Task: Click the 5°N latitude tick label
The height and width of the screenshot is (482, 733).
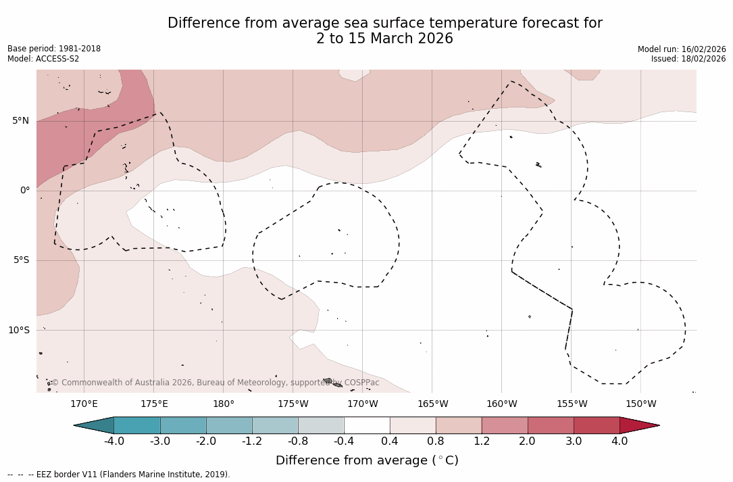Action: [x=20, y=121]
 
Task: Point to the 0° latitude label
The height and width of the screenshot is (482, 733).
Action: [x=25, y=191]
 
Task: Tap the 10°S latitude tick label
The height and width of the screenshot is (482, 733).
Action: [x=18, y=331]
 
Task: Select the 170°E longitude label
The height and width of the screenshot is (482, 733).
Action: [x=84, y=404]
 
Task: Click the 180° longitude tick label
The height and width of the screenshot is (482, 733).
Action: [x=224, y=404]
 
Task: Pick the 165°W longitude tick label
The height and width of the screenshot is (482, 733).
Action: [x=432, y=404]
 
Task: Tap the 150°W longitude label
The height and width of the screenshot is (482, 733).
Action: [x=641, y=404]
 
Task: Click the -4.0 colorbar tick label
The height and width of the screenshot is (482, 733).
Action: [x=113, y=441]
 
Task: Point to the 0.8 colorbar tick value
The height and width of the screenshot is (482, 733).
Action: [x=436, y=441]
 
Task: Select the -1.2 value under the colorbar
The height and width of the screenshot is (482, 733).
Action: [x=252, y=441]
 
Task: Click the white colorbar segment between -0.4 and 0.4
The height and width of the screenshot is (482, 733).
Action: [x=367, y=425]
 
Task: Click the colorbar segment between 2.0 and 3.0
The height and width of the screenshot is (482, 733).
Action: [x=551, y=425]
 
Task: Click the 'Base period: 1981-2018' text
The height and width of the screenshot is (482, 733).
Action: [x=54, y=49]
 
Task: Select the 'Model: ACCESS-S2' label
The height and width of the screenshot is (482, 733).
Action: [x=43, y=59]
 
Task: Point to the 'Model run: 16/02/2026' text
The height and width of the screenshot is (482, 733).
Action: [x=682, y=49]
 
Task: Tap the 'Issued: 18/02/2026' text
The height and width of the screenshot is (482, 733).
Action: [x=688, y=59]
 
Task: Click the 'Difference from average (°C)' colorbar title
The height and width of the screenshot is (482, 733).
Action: [x=367, y=460]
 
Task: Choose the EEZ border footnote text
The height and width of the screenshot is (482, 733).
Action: [x=119, y=475]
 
